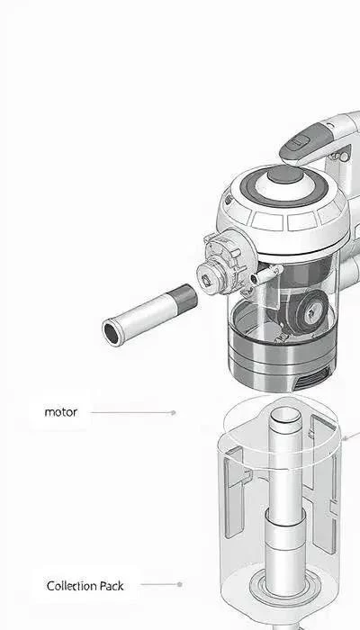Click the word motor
[60, 412]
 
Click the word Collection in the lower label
[71, 586]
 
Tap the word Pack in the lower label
[112, 586]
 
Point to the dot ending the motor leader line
[173, 412]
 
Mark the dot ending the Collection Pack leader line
[180, 584]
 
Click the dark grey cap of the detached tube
[184, 298]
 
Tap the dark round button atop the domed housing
[285, 175]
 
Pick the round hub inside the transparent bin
[312, 310]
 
